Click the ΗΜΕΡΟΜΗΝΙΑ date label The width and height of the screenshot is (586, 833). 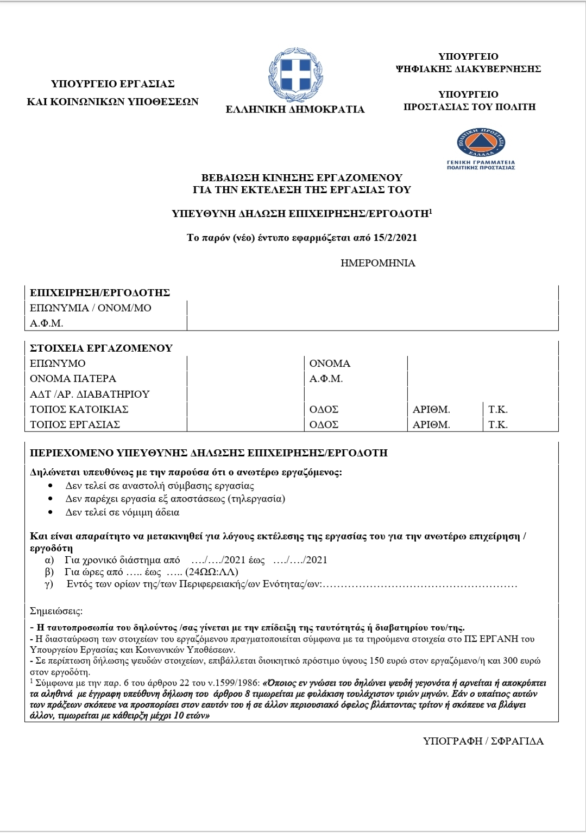tap(378, 263)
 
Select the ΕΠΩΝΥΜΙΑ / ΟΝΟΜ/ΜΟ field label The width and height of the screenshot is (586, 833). tap(91, 308)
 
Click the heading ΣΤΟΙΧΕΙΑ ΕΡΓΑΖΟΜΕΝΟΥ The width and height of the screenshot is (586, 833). tap(101, 348)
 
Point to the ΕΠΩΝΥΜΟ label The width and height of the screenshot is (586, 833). tap(58, 364)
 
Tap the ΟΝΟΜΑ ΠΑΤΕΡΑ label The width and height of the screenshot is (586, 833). tap(73, 379)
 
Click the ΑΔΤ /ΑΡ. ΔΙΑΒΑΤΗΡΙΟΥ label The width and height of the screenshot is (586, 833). tap(90, 394)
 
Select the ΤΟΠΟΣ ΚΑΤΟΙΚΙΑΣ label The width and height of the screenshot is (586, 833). tap(79, 409)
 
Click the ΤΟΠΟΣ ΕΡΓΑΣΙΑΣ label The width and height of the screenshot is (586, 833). tap(75, 424)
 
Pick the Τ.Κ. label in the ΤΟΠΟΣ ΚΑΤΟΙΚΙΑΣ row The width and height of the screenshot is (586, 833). tap(498, 409)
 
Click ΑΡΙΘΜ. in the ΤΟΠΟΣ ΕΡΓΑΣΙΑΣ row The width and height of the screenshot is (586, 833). tap(431, 424)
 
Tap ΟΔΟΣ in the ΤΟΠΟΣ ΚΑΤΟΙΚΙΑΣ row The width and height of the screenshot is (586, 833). tap(324, 409)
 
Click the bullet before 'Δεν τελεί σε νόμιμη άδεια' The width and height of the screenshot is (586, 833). tap(51, 512)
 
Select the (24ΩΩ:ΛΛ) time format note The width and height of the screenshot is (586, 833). tap(212, 572)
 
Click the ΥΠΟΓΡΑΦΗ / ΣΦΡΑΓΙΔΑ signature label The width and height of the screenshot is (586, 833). tap(483, 741)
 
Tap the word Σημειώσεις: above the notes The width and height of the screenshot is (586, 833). tap(56, 612)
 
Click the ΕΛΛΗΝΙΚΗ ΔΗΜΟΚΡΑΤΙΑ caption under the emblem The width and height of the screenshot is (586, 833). tap(295, 110)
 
